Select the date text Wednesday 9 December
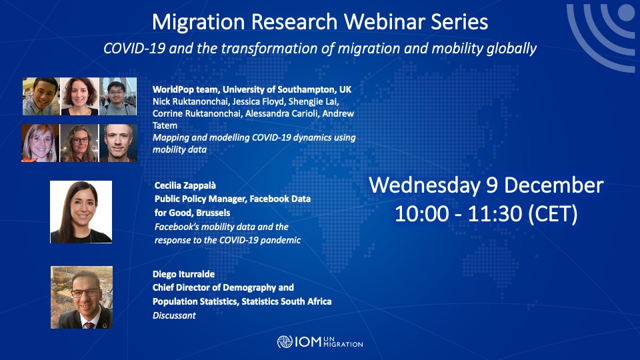coord(486,185)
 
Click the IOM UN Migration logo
coord(320,343)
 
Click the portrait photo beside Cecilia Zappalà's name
coord(81,212)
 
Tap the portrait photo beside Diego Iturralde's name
coord(81,297)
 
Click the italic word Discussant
coord(174,315)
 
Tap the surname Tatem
coord(165,125)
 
